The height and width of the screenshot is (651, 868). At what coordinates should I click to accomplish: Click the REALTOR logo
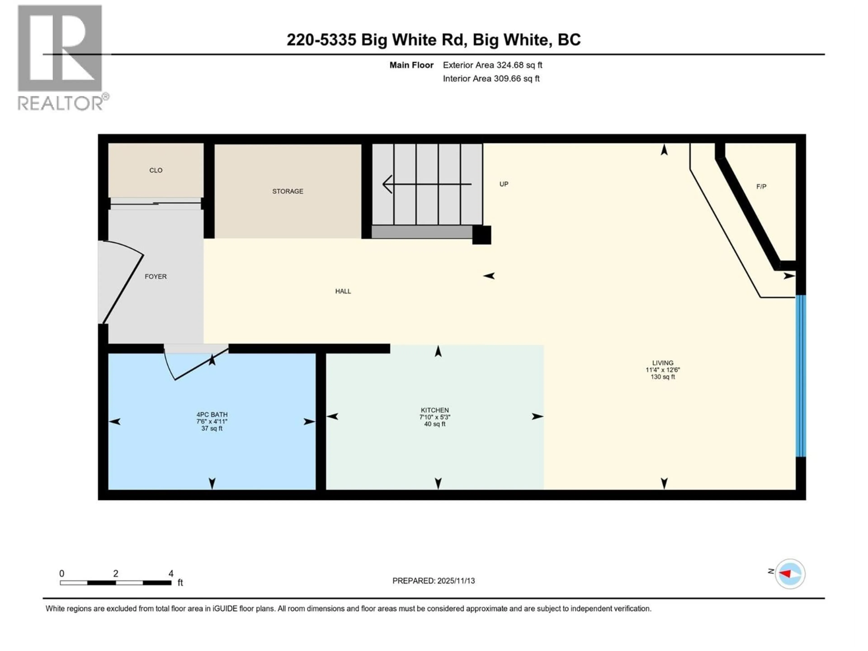click(61, 57)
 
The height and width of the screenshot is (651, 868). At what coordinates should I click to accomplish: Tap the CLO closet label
click(156, 170)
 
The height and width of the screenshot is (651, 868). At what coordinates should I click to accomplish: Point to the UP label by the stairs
click(504, 184)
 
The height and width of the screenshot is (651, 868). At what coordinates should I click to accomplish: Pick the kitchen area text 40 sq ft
click(435, 424)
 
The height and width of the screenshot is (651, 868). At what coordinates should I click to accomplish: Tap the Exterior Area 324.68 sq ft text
click(493, 65)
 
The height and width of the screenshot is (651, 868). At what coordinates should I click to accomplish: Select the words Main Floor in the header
click(411, 65)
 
